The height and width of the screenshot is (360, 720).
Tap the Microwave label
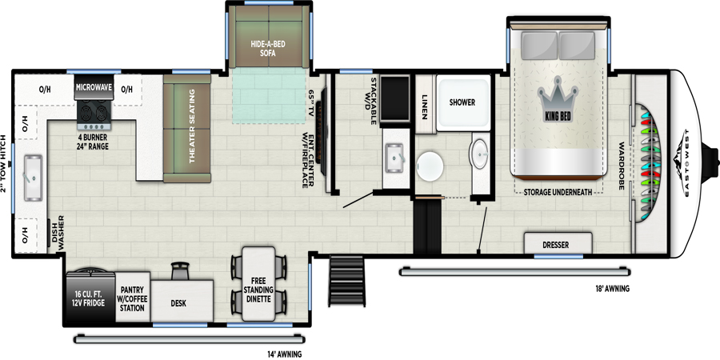click(94, 87)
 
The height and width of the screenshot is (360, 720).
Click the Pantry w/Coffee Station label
click(132, 298)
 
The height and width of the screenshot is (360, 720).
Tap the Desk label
click(178, 304)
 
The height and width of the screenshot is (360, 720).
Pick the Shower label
click(462, 102)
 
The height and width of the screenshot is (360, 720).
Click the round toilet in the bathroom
click(430, 166)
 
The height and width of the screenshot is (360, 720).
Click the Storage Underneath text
click(558, 192)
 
